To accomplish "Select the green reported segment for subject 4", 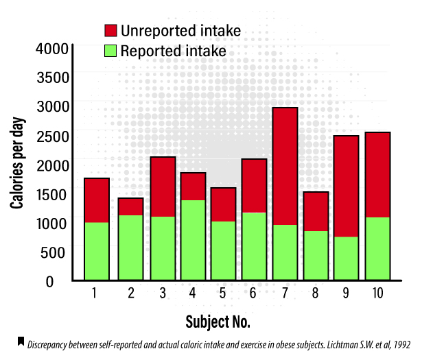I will click(x=192, y=240).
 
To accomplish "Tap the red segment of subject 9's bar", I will click(x=347, y=186).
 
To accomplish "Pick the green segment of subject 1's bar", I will click(x=97, y=251).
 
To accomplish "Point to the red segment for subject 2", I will click(x=130, y=206).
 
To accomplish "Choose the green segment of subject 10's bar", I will click(x=377, y=248).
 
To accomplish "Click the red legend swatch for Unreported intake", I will click(x=110, y=31).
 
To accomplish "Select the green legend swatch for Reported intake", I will click(x=110, y=51).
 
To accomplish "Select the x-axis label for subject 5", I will click(x=223, y=294).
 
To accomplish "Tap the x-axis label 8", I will click(x=316, y=294).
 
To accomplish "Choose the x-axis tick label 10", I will click(x=377, y=294).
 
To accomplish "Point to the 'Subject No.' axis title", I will click(x=218, y=321).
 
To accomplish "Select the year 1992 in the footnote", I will click(x=401, y=345).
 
